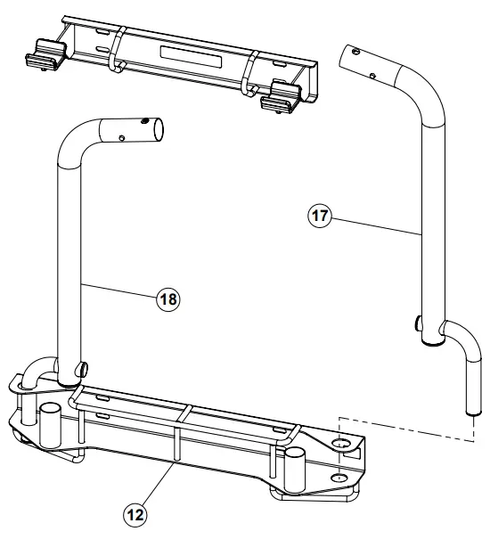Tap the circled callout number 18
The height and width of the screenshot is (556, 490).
[x=167, y=299]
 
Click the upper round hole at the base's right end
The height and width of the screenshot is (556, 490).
[x=344, y=443]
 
